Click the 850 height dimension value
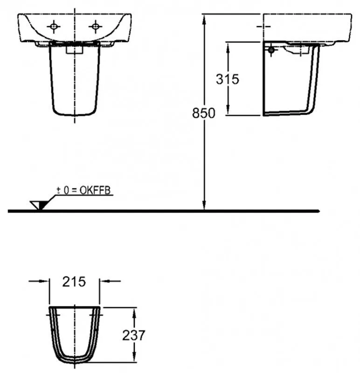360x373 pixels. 204,113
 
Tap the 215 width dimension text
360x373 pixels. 74,282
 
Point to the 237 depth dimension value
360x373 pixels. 134,334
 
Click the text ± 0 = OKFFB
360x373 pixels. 84,190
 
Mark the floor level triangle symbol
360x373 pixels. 37,205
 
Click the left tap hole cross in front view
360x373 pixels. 54,27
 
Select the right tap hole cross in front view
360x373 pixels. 96,27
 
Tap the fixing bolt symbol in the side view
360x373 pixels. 271,49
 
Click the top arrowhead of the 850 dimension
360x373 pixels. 204,17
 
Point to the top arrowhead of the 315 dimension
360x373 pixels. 228,45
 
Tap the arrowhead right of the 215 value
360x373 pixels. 103,281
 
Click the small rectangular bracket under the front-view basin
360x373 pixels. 75,48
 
